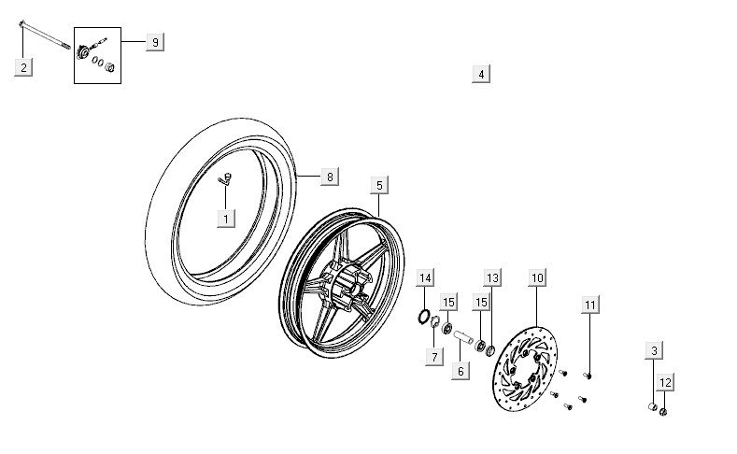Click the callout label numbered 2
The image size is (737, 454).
pyautogui.click(x=24, y=66)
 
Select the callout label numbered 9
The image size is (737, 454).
pyautogui.click(x=155, y=42)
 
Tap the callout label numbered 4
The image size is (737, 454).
pyautogui.click(x=480, y=74)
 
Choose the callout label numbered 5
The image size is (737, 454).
pyautogui.click(x=378, y=185)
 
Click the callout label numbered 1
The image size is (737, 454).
pyautogui.click(x=225, y=219)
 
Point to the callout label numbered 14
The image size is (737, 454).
pyautogui.click(x=425, y=277)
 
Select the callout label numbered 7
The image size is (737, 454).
pyautogui.click(x=434, y=357)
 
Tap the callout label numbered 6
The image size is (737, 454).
pyautogui.click(x=460, y=371)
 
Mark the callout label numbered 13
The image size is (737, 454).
pyautogui.click(x=491, y=277)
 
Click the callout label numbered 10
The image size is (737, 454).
pyautogui.click(x=537, y=277)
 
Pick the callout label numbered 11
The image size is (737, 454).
pyautogui.click(x=589, y=305)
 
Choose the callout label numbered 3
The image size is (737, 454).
pyautogui.click(x=654, y=350)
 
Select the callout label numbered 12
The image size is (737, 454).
pyautogui.click(x=665, y=382)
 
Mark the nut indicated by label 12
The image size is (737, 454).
pyautogui.click(x=662, y=411)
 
